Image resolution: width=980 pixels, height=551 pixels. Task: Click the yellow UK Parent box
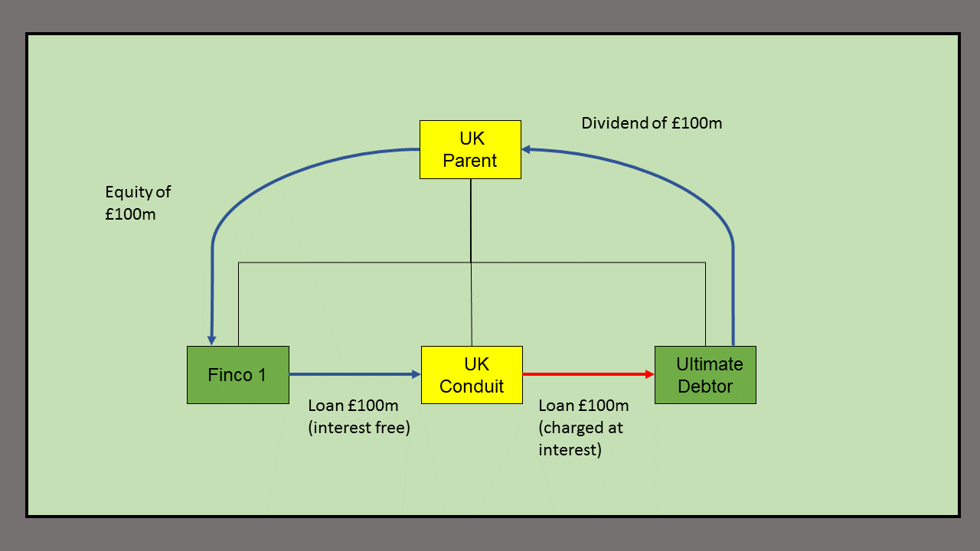(x=470, y=149)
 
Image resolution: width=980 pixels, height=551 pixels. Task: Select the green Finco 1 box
(x=238, y=374)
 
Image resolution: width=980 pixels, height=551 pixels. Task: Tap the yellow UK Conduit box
(x=472, y=374)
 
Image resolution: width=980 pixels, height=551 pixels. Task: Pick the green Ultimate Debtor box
(x=705, y=374)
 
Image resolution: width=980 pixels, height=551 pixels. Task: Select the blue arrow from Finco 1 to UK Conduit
(x=352, y=374)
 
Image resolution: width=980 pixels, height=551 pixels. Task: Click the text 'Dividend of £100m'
(x=652, y=122)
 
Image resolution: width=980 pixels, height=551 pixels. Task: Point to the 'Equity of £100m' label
(x=139, y=203)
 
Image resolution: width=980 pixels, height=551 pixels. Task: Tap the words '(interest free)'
(x=359, y=428)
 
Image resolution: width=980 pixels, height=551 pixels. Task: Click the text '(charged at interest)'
(x=580, y=439)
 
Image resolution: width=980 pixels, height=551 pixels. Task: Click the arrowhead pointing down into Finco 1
(x=212, y=340)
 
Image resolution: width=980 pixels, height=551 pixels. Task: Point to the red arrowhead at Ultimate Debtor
(x=649, y=374)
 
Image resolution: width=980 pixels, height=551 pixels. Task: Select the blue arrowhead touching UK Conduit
(x=416, y=374)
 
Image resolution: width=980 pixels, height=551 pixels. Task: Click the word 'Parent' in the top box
(x=470, y=161)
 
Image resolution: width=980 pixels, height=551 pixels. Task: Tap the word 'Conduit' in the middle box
(x=472, y=386)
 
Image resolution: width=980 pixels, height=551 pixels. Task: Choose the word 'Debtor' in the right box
(x=705, y=386)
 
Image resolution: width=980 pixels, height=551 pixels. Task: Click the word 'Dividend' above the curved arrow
(x=612, y=122)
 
